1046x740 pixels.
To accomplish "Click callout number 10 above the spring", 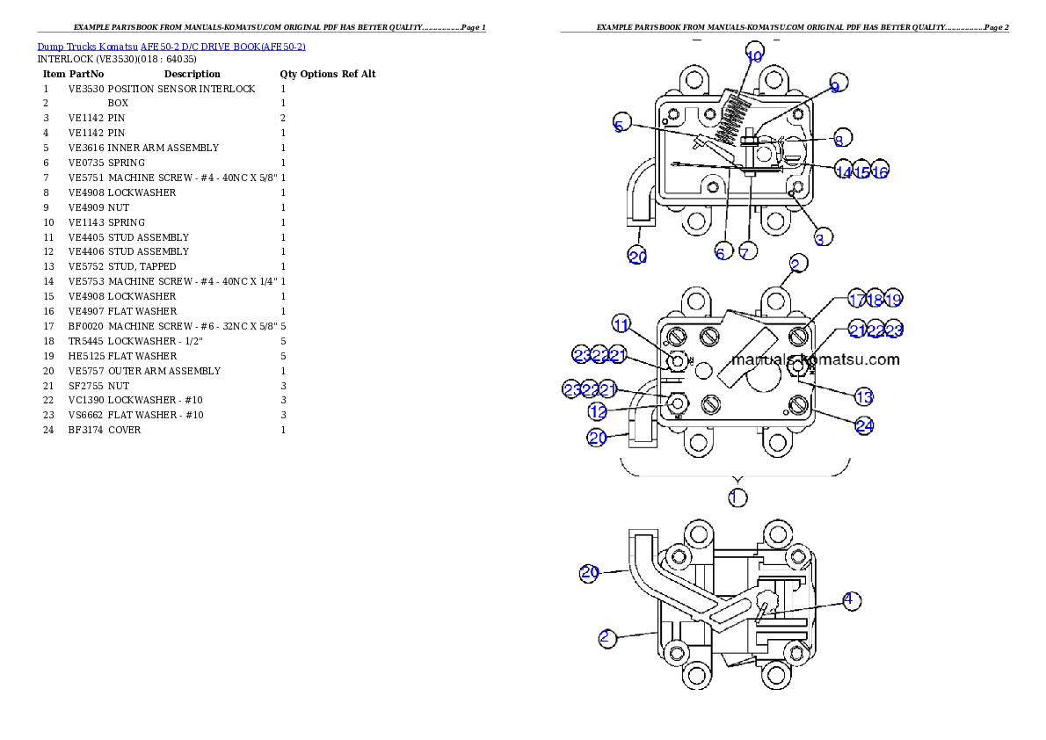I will point(754,55).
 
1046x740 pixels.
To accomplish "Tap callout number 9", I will point(835,85).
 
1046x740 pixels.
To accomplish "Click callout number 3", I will point(819,238).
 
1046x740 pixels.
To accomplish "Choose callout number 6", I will point(720,253).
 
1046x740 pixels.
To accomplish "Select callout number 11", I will point(621,325).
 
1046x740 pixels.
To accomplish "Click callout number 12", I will point(598,410).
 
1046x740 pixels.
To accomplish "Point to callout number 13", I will point(864,397).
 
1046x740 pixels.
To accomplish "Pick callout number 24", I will point(865,425).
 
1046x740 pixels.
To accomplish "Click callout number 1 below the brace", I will point(736,497).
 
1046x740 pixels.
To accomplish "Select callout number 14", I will point(844,172).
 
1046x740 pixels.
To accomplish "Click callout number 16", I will point(880,172).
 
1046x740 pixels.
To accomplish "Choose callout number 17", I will point(857,300).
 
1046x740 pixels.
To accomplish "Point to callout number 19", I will point(893,300).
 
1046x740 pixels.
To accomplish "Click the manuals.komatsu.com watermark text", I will point(815,359).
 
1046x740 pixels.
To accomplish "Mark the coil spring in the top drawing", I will point(734,118).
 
